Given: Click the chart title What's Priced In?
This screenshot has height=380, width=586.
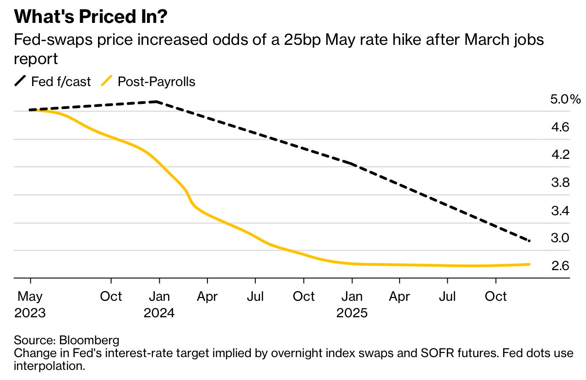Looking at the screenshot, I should pyautogui.click(x=91, y=17).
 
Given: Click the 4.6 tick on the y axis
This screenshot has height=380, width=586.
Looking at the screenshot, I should pyautogui.click(x=560, y=127).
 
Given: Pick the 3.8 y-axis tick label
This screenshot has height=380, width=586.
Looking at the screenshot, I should pyautogui.click(x=560, y=183).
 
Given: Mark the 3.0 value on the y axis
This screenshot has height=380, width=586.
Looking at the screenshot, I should pyautogui.click(x=560, y=238).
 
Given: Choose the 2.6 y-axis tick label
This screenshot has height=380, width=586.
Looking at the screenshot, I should pyautogui.click(x=560, y=266).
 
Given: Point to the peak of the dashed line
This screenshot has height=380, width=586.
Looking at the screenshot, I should pyautogui.click(x=157, y=101).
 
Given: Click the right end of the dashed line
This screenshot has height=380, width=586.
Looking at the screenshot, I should pyautogui.click(x=529, y=241).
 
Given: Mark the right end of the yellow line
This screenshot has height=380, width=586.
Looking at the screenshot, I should pyautogui.click(x=529, y=264).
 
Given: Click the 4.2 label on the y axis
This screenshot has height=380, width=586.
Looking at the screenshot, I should pyautogui.click(x=560, y=155).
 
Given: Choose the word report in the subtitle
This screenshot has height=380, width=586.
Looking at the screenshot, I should pyautogui.click(x=36, y=59).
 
